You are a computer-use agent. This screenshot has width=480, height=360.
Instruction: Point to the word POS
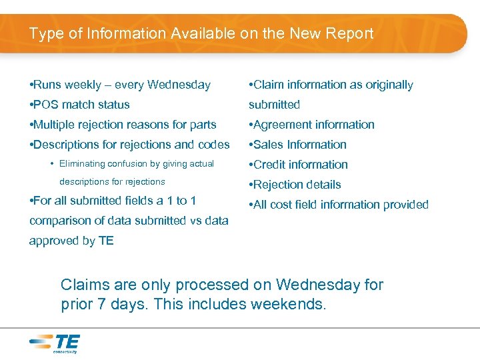(x=47, y=105)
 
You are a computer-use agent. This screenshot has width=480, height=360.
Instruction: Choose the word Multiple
(x=56, y=125)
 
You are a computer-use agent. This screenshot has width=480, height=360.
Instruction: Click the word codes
(x=214, y=145)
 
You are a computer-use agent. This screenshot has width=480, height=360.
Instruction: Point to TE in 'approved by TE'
(x=106, y=241)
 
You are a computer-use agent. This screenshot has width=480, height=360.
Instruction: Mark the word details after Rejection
(x=323, y=185)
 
